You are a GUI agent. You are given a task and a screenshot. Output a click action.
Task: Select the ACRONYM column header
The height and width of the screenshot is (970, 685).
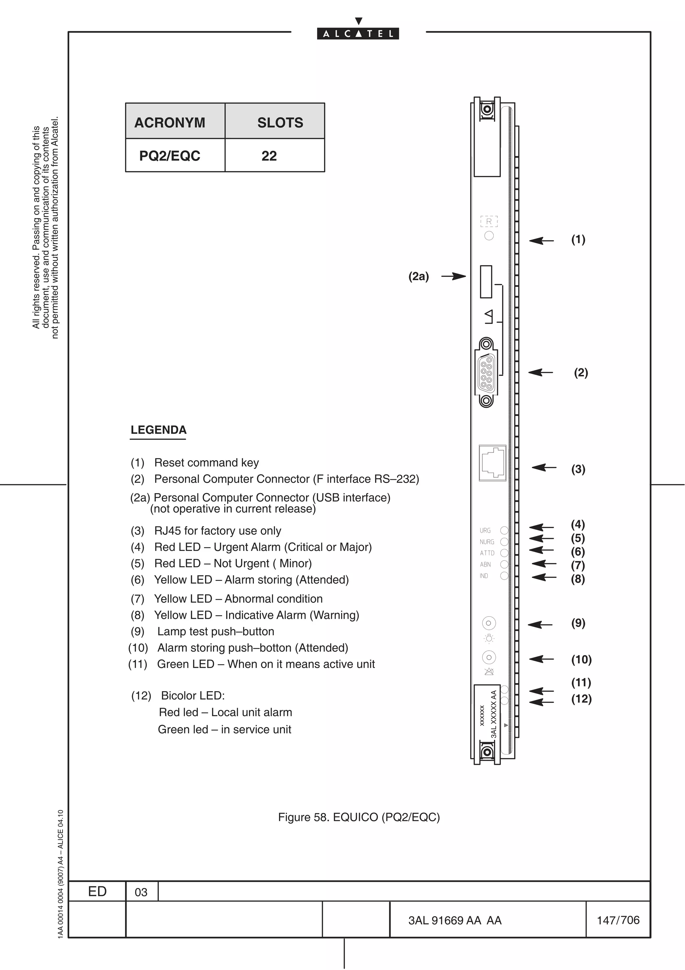pyautogui.click(x=170, y=123)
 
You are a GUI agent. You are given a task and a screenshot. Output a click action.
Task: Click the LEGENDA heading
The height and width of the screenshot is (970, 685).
pyautogui.click(x=158, y=430)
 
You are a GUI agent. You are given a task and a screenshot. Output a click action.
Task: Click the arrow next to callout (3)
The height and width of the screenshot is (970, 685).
pyautogui.click(x=544, y=467)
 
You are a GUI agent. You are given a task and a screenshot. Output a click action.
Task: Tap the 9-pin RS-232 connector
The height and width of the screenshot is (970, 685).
pyautogui.click(x=486, y=373)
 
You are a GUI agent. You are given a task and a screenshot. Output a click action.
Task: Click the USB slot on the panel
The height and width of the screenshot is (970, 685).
pyautogui.click(x=486, y=281)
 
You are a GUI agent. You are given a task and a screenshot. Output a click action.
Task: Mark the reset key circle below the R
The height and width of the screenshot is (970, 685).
pyautogui.click(x=489, y=236)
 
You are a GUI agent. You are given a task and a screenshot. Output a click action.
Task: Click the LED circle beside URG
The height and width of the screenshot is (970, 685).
pyautogui.click(x=504, y=530)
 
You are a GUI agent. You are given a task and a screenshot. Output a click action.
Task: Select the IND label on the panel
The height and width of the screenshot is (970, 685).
pyautogui.click(x=484, y=576)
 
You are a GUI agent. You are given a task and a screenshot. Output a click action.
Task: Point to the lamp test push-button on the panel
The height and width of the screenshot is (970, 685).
pyautogui.click(x=489, y=623)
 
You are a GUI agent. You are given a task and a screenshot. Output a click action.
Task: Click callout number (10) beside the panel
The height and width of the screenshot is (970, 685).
pyautogui.click(x=581, y=659)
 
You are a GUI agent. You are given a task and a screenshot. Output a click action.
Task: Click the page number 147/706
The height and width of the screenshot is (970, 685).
pyautogui.click(x=618, y=920)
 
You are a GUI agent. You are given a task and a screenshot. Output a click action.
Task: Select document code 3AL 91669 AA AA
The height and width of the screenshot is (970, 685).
pyautogui.click(x=455, y=920)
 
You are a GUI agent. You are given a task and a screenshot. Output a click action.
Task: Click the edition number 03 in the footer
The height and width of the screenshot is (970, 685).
pyautogui.click(x=141, y=892)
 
